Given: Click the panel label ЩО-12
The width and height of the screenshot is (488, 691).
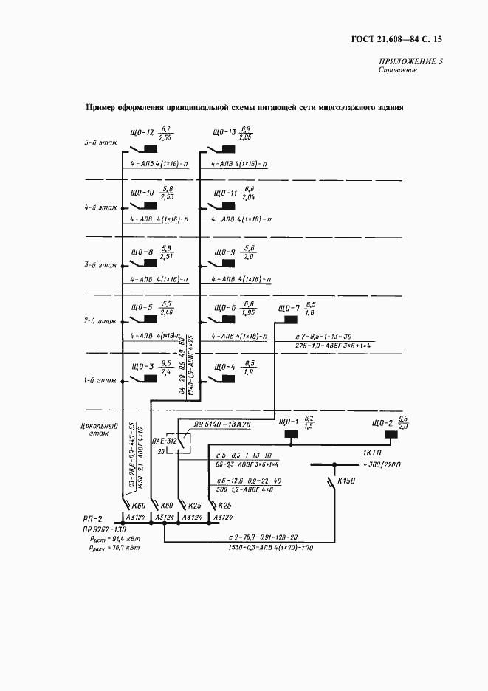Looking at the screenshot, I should tap(142, 134).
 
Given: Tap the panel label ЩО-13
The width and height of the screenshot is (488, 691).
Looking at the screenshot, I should tap(224, 134).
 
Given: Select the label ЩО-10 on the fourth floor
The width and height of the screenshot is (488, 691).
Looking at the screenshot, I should tap(142, 193).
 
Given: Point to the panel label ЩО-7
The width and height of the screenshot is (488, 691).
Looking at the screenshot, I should tap(287, 308).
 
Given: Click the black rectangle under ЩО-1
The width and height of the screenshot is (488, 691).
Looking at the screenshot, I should tap(290, 433).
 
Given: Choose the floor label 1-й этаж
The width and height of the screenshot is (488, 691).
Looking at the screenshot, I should tap(98, 381).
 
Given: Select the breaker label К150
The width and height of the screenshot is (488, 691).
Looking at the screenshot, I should tap(346, 481).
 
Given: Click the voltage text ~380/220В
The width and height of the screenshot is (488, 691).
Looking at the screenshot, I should tap(383, 464).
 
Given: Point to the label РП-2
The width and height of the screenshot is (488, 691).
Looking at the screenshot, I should tap(93, 518).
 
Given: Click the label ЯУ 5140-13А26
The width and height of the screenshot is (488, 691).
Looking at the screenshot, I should tap(222, 424).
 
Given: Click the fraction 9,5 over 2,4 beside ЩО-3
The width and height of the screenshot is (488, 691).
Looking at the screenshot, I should tap(165, 368).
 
